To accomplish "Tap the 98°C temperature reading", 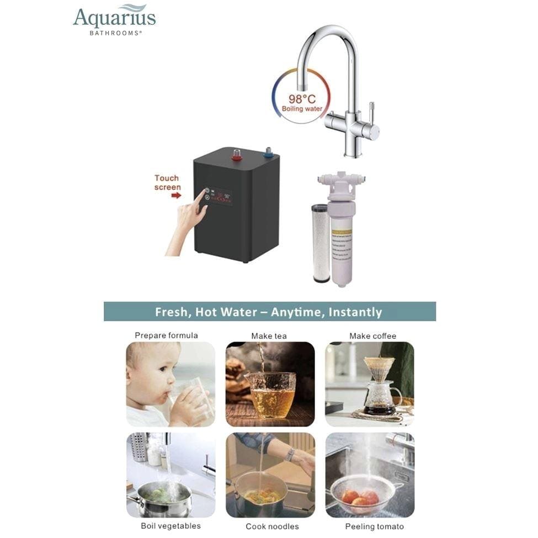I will tap(302, 99).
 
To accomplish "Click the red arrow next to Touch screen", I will tap(177, 195).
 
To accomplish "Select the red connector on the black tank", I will tap(237, 154).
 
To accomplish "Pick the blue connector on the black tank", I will tap(269, 152).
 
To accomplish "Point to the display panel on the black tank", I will tap(218, 196).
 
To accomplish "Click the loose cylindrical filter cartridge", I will tap(320, 243).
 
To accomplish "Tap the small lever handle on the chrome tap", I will tap(371, 110).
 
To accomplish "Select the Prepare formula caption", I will tap(166, 335).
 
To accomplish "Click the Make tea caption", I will tap(269, 336).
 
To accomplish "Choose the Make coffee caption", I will tap(372, 336).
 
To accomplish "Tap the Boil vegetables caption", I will tap(171, 525).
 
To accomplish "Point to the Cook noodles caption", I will tap(272, 526).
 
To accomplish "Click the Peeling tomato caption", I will tap(374, 526).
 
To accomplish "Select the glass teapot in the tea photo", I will tap(269, 395).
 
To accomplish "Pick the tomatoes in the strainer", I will tap(360, 498).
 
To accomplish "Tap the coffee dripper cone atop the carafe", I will tap(380, 369).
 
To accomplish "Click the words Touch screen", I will tap(167, 183).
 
